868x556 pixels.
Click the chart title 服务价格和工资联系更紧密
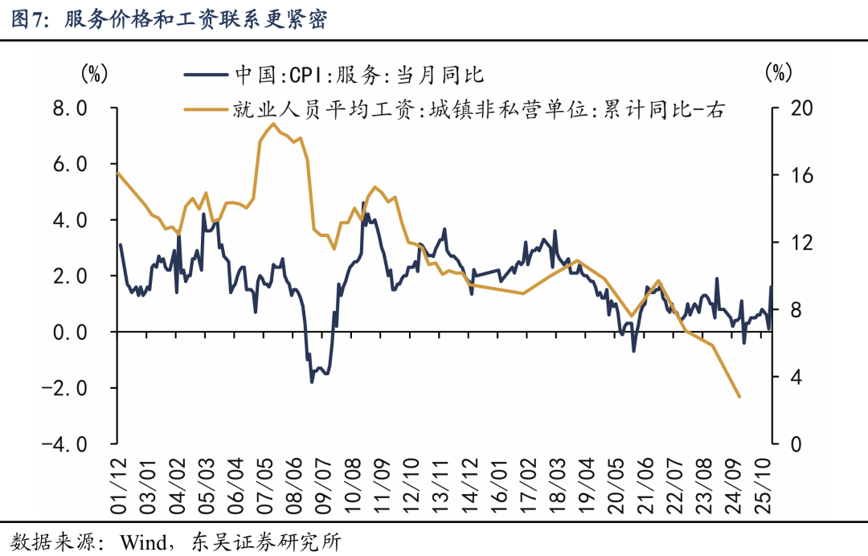195,18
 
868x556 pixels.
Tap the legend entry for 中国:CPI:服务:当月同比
334,75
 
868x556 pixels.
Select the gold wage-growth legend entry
454,109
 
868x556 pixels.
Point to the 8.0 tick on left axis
70,108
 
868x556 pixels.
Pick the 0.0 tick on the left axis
70,332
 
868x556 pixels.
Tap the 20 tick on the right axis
801,108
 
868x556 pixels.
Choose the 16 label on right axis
801,175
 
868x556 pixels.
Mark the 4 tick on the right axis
796,378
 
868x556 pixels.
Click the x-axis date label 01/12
118,486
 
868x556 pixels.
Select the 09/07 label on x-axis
323,486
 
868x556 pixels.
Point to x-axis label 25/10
762,486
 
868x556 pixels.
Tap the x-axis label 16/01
498,486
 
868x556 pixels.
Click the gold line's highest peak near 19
272,124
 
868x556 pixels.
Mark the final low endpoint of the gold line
739,397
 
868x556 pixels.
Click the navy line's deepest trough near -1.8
312,382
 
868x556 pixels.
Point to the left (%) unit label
94,73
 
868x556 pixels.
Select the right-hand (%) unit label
778,73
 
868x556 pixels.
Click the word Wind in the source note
144,542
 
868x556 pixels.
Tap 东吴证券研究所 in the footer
266,542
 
